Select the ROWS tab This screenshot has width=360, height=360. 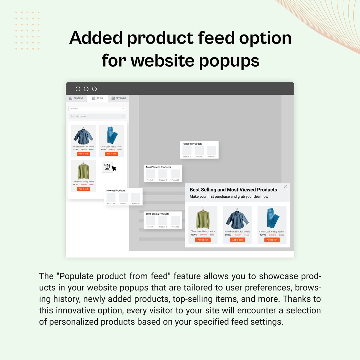tap(97, 98)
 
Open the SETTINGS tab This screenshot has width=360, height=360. tap(119, 98)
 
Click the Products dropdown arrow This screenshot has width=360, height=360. tap(123, 109)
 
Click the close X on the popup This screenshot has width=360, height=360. tap(285, 187)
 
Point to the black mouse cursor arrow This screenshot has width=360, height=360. tap(114, 168)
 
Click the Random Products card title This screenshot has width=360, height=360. tap(192, 144)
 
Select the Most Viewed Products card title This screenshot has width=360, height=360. tap(158, 167)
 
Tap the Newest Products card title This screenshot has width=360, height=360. tap(116, 190)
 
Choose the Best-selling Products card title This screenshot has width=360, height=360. tap(157, 214)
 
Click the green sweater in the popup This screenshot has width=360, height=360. tap(203, 219)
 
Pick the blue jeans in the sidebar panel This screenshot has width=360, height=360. tap(111, 136)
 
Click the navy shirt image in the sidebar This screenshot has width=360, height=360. tap(83, 136)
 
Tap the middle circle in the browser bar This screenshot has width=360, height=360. tap(86, 89)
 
